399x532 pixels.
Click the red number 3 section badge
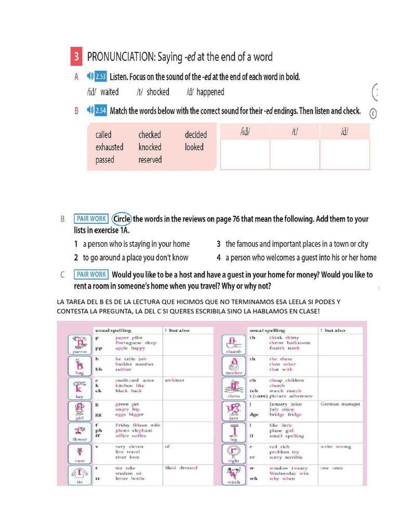pos(76,57)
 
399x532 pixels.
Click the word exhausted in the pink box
pos(109,147)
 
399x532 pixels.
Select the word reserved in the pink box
pos(150,160)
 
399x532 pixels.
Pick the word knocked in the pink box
pos(150,147)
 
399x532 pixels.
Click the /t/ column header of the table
pos(295,131)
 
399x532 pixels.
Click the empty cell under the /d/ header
pos(344,154)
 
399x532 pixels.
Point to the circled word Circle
pos(122,219)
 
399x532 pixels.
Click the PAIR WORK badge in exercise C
pos(91,274)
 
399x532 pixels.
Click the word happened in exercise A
pos(210,92)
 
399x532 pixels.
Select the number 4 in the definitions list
pos(219,258)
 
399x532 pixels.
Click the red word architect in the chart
pos(174,380)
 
